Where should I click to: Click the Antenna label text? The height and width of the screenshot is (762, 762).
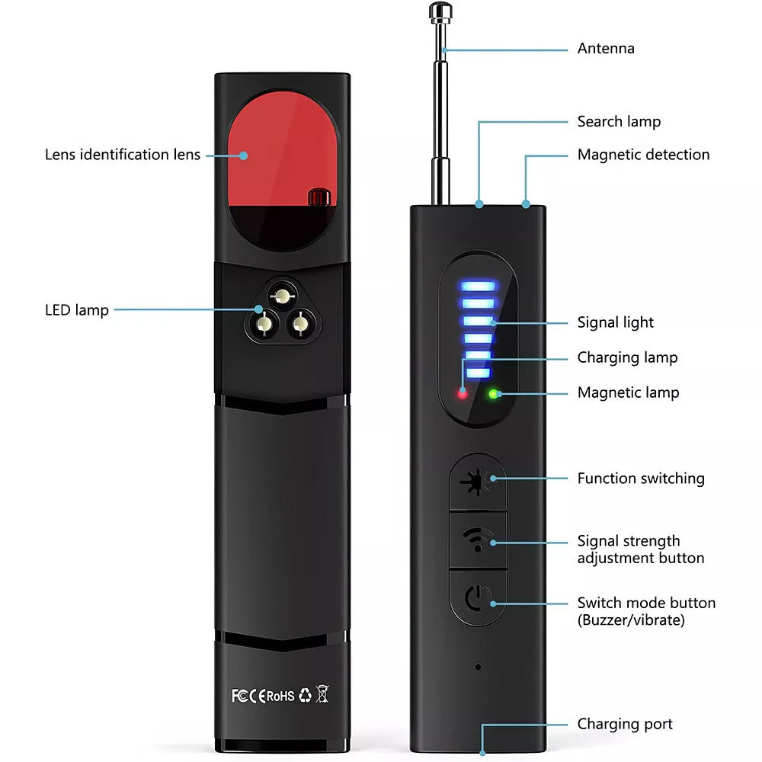pos(605,49)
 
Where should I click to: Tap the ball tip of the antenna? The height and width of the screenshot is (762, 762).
pos(437,10)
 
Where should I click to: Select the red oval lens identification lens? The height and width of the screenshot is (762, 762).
pos(282,152)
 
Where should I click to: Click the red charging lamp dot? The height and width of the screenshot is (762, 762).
pos(462,394)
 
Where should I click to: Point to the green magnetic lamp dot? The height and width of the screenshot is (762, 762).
pos(494,394)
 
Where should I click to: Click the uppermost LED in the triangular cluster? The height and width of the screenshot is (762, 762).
pos(282,294)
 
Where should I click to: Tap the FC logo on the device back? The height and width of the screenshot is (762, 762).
pos(239,695)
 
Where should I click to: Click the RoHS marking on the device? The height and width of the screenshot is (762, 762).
pos(280,695)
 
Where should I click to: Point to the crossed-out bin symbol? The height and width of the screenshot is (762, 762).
pos(322,694)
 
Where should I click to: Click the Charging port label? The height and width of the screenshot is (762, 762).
pos(624,724)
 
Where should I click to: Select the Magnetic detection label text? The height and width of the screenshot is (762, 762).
pos(643,155)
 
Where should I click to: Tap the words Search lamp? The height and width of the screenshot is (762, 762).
pos(619,122)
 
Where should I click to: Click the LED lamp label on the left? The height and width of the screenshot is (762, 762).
pos(76,310)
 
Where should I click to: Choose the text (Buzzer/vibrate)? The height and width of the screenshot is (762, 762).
pos(630,620)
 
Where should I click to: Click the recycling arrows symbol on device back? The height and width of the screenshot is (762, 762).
pos(304,695)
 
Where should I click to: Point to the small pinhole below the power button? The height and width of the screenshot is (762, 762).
pos(478,667)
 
